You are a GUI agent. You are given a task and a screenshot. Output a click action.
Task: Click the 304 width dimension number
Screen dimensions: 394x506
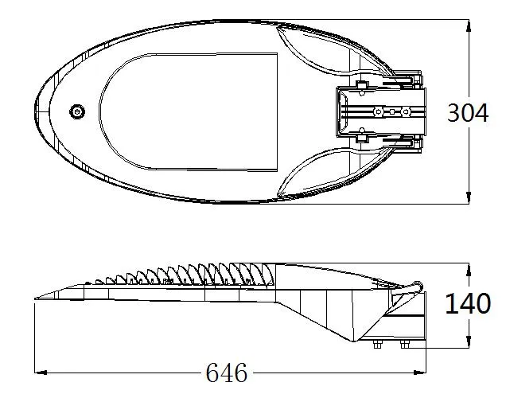click(467, 113)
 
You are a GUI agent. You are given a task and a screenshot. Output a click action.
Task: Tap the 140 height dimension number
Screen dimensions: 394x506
click(467, 304)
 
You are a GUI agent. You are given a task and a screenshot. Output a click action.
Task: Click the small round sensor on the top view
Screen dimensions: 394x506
click(77, 111)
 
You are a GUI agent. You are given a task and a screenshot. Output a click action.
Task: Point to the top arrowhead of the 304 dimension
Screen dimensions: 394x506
click(469, 24)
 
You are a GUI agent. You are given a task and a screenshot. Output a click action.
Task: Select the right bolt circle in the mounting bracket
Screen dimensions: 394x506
click(405, 111)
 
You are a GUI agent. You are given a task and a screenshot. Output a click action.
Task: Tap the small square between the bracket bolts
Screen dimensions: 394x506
click(391, 111)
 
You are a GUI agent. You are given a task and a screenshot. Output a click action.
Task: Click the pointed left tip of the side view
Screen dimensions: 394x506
click(37, 298)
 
